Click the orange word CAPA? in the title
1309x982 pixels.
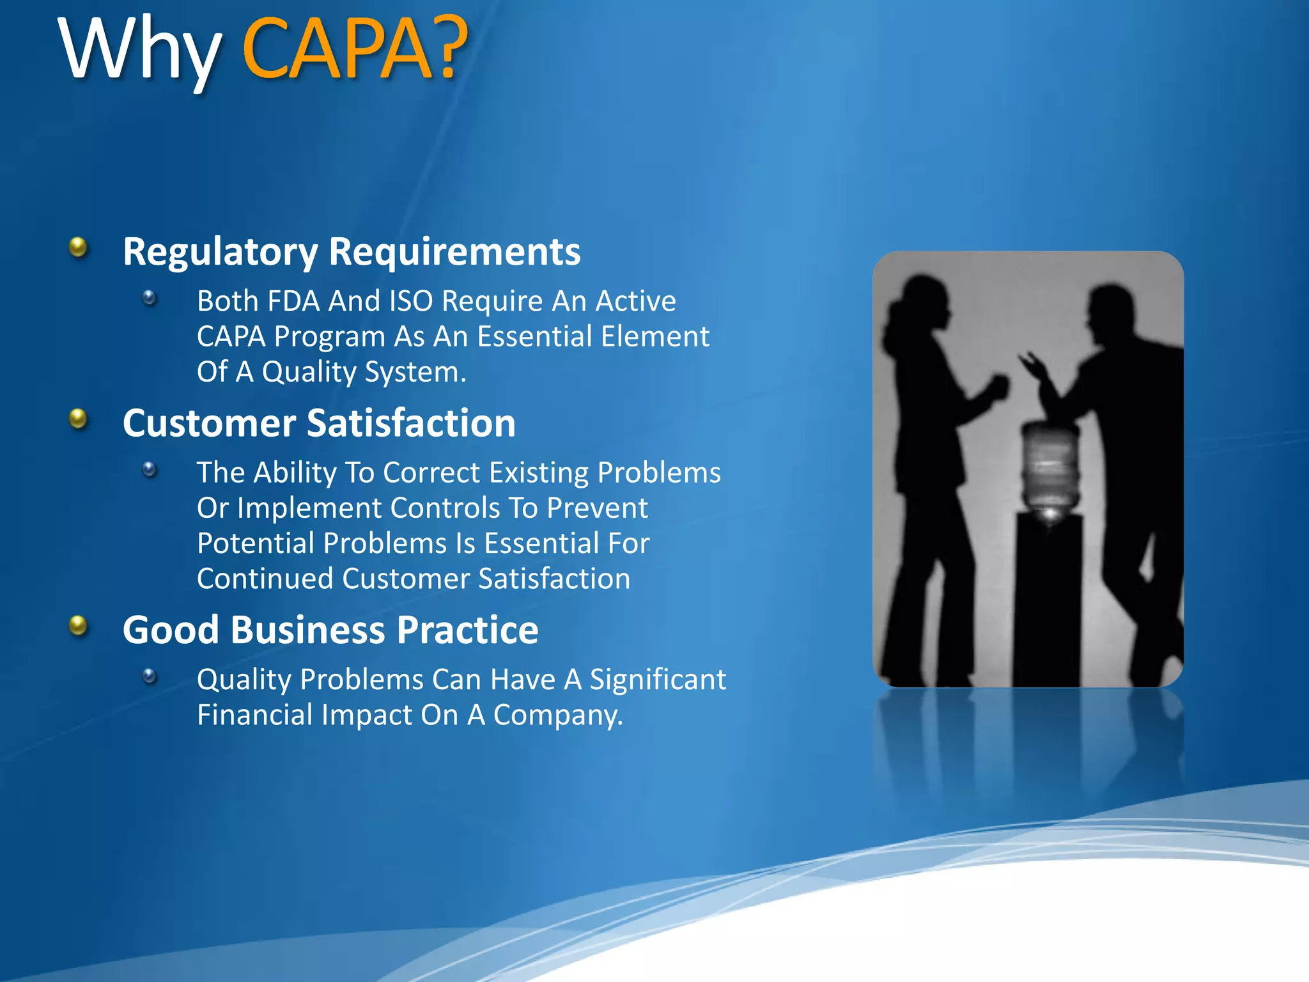(355, 50)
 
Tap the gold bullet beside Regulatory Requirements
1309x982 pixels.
(78, 247)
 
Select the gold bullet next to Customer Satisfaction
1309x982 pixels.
(78, 419)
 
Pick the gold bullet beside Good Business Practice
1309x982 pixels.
(78, 625)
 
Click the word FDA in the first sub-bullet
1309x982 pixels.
(293, 300)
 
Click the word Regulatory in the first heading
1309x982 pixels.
(220, 252)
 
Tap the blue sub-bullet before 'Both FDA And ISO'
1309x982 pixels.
(150, 298)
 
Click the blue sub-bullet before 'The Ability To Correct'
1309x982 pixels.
(150, 470)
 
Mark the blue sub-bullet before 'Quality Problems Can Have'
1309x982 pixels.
(150, 676)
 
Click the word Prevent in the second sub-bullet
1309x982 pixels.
(597, 508)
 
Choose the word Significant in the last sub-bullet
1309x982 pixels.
(658, 679)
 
